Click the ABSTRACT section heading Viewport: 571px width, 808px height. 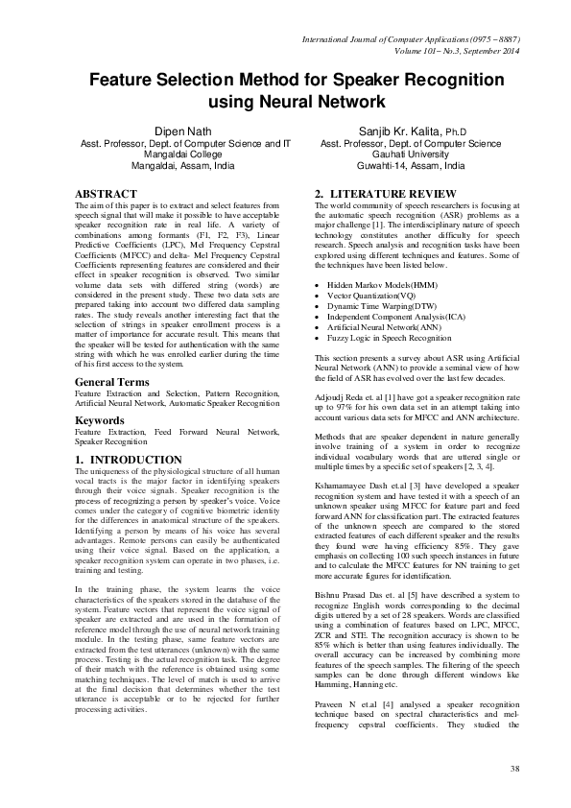[x=105, y=193]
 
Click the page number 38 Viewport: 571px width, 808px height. [x=515, y=769]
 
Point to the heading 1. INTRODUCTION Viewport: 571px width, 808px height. [x=128, y=461]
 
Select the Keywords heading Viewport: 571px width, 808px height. [x=102, y=420]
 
